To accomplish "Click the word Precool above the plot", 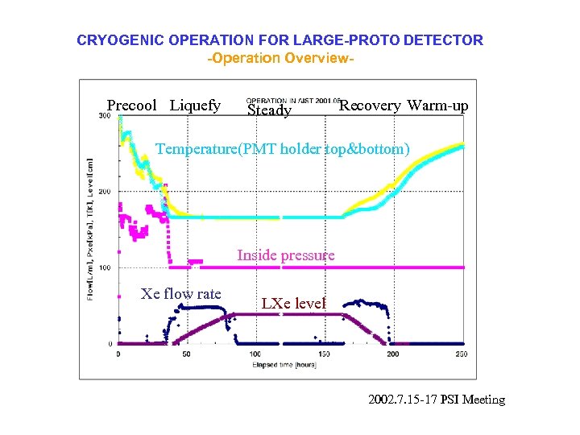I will (132, 106).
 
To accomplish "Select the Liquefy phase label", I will (195, 106).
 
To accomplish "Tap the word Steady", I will (269, 110).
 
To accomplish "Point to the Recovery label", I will (370, 106).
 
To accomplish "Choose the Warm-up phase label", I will (437, 106).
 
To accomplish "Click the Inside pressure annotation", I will (285, 255).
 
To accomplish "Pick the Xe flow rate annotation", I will (180, 294).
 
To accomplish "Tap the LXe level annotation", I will (294, 304).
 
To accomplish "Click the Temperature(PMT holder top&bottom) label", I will (282, 149).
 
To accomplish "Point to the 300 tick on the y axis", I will (105, 116).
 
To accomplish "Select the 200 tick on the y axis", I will (105, 192).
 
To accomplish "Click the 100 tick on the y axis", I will (105, 267).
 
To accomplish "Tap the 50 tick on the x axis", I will (186, 354).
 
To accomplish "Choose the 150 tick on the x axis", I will (324, 354).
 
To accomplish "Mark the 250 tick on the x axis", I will (461, 354).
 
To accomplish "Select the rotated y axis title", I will (89, 230).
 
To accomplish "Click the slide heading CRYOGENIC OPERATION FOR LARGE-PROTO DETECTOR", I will (280, 40).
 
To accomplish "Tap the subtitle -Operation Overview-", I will (280, 59).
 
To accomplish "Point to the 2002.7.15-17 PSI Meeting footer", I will (437, 400).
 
